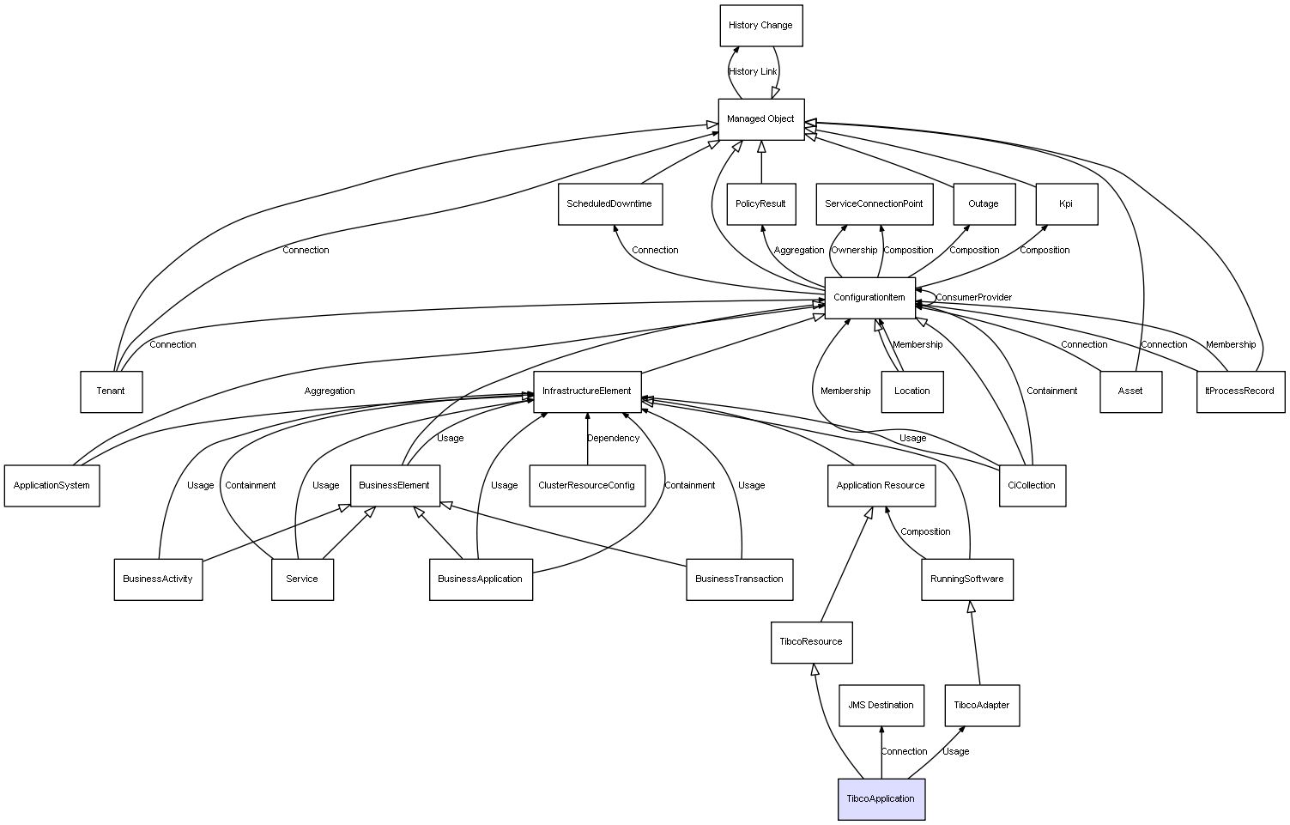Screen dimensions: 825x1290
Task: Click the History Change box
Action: click(760, 26)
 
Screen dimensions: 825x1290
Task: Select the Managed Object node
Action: click(761, 119)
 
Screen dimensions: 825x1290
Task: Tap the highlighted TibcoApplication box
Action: click(881, 799)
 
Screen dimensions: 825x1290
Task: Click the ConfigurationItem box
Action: click(869, 298)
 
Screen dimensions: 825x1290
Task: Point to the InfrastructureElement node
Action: click(587, 391)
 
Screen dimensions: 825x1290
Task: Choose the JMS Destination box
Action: click(881, 706)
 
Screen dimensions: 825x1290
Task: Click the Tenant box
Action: click(111, 391)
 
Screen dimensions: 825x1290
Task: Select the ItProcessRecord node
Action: click(1240, 391)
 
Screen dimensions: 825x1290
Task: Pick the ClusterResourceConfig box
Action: click(587, 486)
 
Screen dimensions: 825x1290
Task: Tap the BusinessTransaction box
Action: click(739, 579)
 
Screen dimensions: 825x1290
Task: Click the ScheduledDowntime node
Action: click(609, 204)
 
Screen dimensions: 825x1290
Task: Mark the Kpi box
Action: click(1066, 204)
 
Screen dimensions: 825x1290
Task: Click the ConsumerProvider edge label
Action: click(973, 298)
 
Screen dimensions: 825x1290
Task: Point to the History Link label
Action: click(753, 72)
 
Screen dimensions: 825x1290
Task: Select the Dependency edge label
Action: click(613, 439)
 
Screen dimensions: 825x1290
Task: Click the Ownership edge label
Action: click(854, 251)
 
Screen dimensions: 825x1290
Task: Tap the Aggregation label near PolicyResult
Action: click(799, 251)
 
